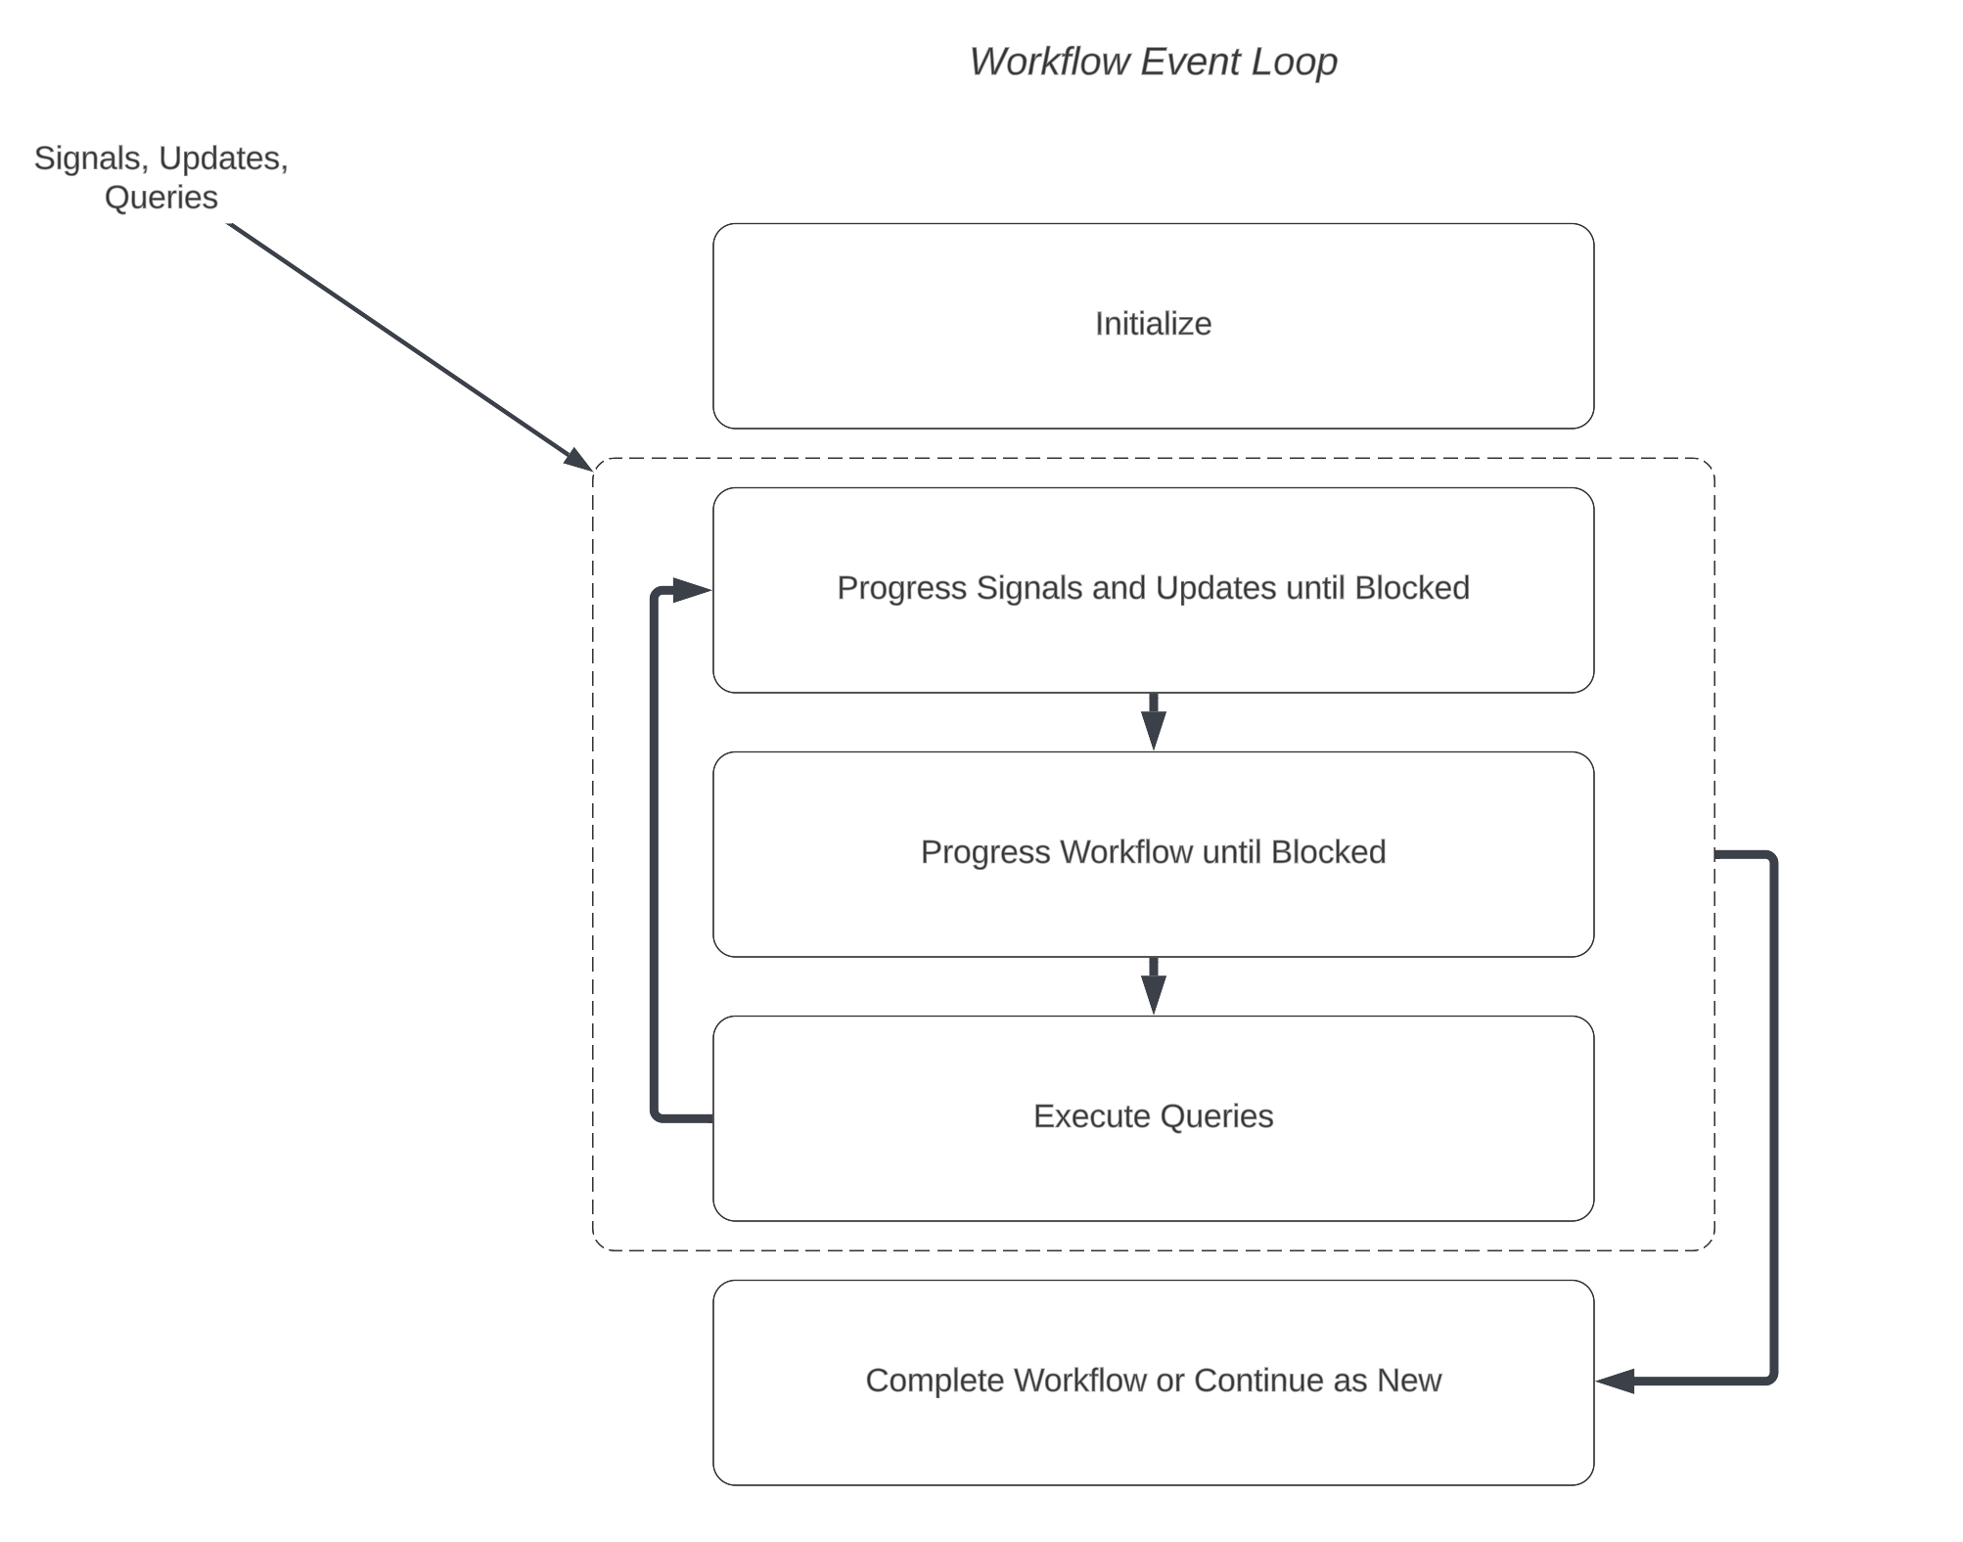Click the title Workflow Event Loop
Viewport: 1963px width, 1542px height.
[x=1153, y=62]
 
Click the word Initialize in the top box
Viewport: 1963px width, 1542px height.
[x=1153, y=324]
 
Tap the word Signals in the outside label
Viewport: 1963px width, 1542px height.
[x=87, y=159]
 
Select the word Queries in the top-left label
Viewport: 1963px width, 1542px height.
[x=160, y=198]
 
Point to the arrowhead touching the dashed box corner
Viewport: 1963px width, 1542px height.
[x=579, y=459]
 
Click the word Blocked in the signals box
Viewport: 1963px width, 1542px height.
[x=1411, y=588]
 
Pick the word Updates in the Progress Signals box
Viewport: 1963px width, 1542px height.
[x=1214, y=588]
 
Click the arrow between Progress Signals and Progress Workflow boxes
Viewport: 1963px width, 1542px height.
[x=1153, y=722]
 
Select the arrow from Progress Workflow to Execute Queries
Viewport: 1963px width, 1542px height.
[x=1153, y=986]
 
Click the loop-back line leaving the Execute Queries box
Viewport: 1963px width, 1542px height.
[x=654, y=881]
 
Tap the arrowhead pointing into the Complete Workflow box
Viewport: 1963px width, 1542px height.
[x=1615, y=1381]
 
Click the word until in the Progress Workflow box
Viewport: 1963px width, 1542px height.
[x=1232, y=852]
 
